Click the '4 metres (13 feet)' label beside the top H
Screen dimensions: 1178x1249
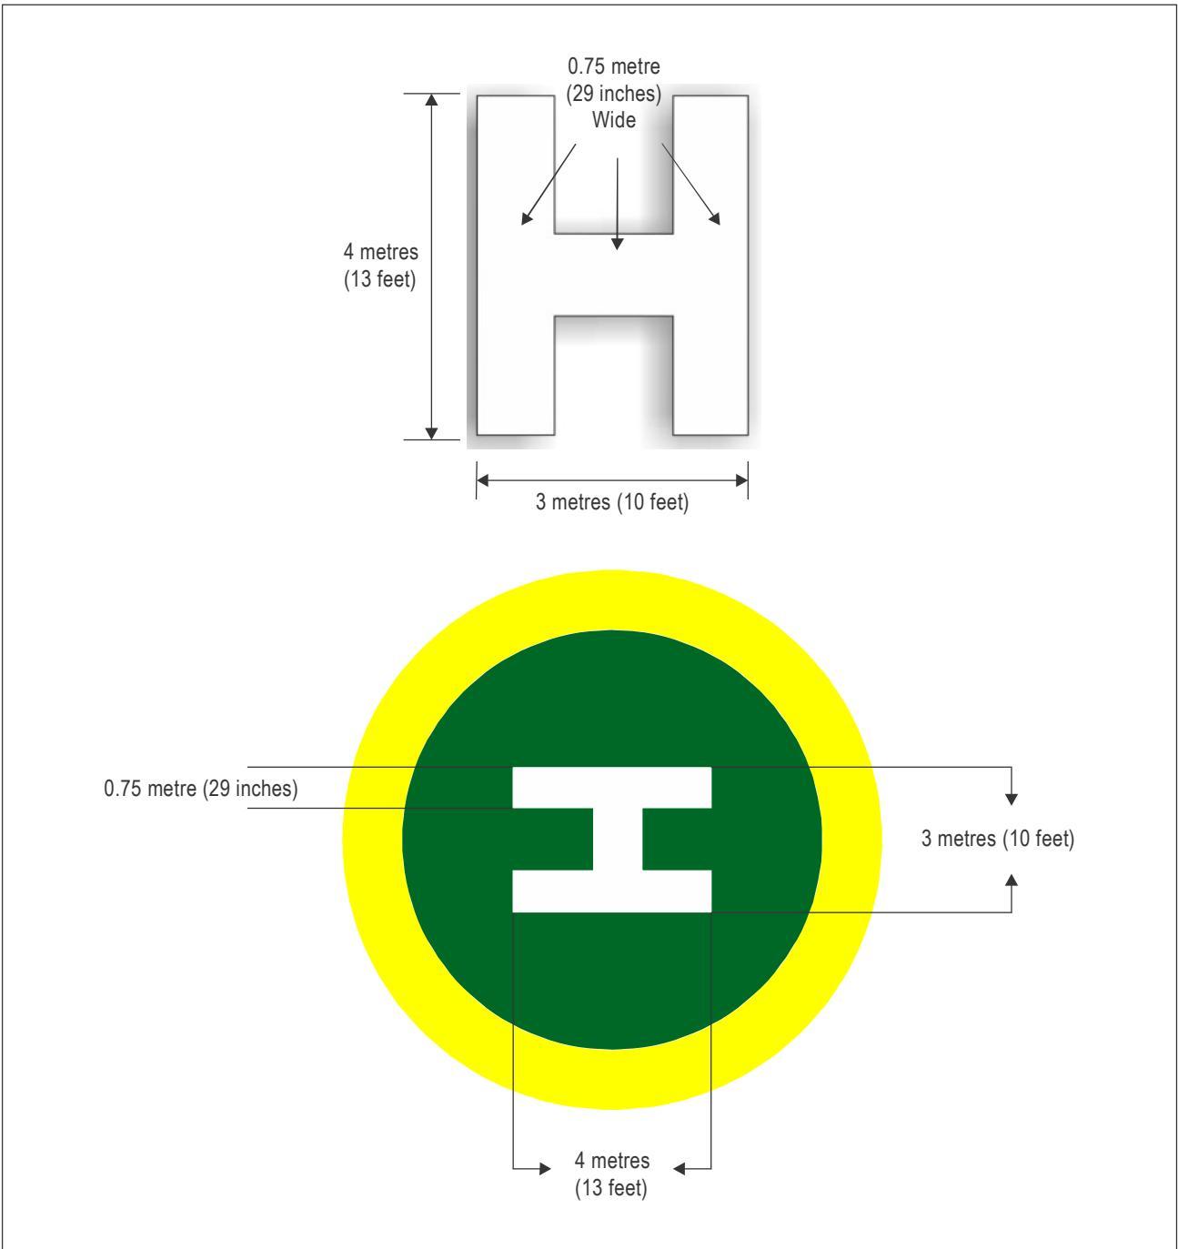pyautogui.click(x=380, y=266)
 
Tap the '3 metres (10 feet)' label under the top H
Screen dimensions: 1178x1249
pyautogui.click(x=612, y=502)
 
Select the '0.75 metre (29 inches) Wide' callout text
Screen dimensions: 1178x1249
pyautogui.click(x=614, y=93)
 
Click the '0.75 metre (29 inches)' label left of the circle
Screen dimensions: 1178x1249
pyautogui.click(x=201, y=789)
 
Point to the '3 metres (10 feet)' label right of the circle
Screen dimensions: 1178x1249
pyautogui.click(x=998, y=839)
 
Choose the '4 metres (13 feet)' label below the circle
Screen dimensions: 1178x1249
pyautogui.click(x=611, y=1173)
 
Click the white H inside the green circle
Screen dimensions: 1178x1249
pyautogui.click(x=612, y=840)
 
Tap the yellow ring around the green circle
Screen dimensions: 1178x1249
pyautogui.click(x=372, y=840)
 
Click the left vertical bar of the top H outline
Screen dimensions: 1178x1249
pyautogui.click(x=516, y=266)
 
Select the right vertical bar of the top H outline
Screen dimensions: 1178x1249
pyautogui.click(x=710, y=266)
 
